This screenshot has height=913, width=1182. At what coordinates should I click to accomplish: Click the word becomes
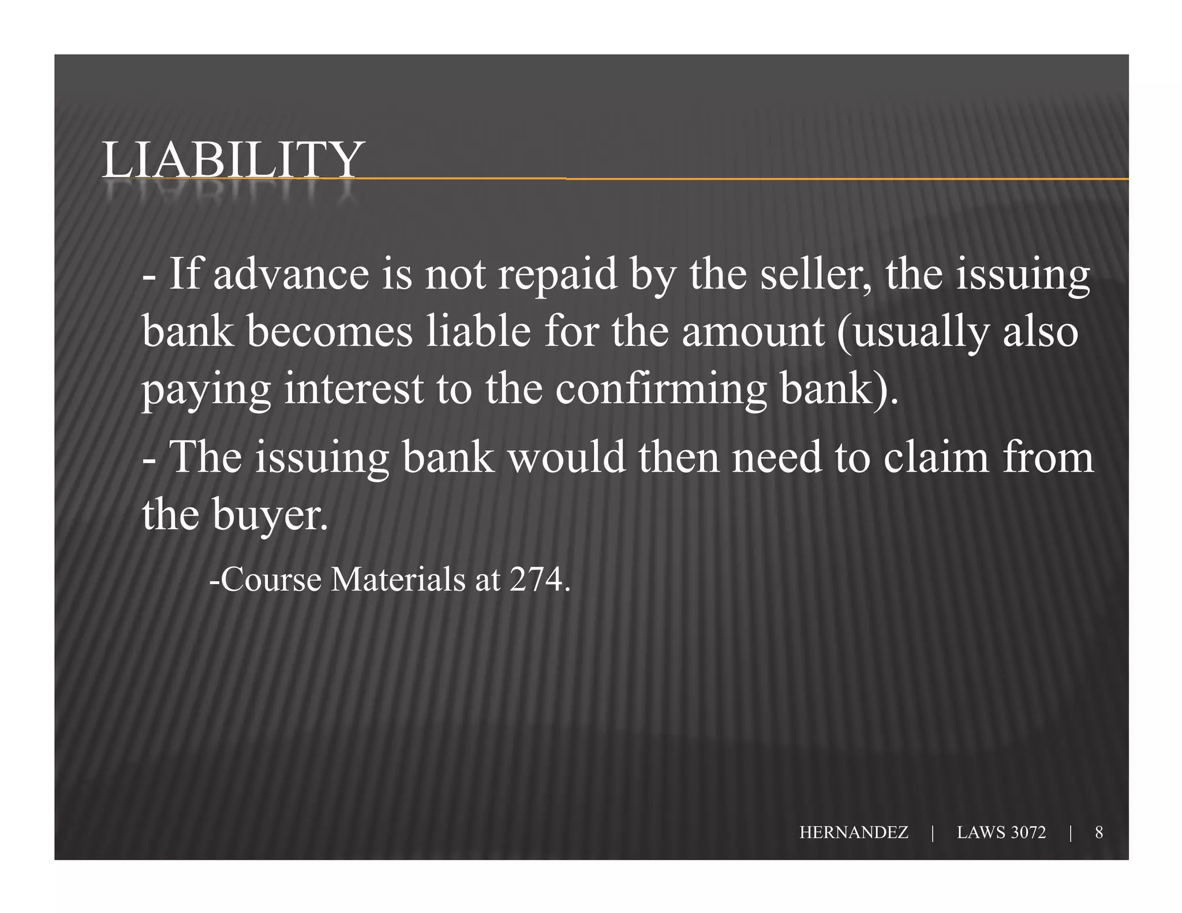point(330,332)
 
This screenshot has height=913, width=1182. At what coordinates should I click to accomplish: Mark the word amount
point(753,332)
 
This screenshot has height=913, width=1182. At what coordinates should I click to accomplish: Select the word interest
point(354,389)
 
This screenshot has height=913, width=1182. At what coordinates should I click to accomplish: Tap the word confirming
point(661,390)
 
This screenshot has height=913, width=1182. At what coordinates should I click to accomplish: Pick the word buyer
point(270,515)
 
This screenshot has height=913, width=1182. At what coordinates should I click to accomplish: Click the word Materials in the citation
point(398,579)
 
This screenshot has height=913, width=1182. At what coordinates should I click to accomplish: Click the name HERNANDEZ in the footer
point(854,832)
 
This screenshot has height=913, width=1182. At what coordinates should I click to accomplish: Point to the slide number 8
point(1099,832)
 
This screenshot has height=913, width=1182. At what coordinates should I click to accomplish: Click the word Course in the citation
point(271,579)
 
